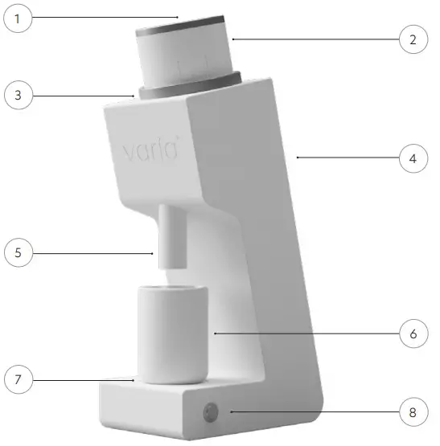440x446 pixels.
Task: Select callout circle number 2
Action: click(413, 39)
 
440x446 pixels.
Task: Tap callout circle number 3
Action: click(19, 96)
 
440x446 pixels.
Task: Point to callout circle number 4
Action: click(413, 158)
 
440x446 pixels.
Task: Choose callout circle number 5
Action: click(19, 253)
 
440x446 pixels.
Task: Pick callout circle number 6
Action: click(413, 331)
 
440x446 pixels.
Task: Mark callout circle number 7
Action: click(19, 377)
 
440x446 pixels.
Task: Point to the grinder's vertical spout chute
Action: click(171, 237)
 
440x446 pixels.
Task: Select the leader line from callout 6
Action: click(306, 331)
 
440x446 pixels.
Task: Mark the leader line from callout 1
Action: click(105, 16)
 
